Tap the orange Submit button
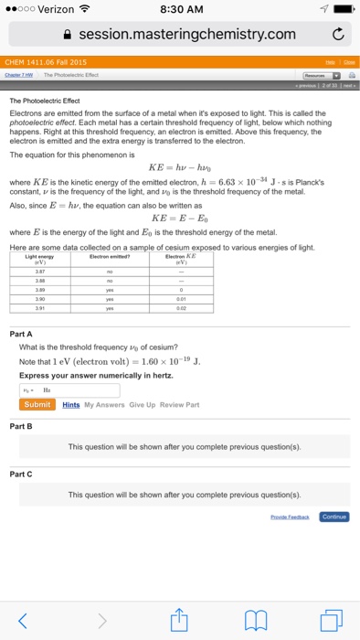point(38,404)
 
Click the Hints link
point(71,404)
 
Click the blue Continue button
point(334,516)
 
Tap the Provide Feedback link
point(291,516)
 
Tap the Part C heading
point(22,474)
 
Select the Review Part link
point(178,404)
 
